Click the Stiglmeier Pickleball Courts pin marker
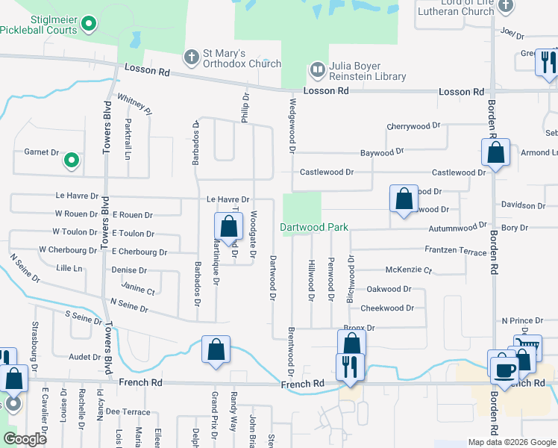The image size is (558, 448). point(89,25)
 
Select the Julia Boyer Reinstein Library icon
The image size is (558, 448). point(317,70)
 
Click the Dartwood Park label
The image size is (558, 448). point(314,227)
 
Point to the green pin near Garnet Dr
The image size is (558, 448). point(72,160)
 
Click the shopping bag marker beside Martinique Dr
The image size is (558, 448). point(228,226)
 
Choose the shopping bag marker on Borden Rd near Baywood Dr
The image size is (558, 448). point(495,153)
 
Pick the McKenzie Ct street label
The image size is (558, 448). point(408,270)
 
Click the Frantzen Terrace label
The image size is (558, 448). point(455,252)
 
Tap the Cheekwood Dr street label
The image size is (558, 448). point(386,308)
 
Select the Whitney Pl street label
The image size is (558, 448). point(135,104)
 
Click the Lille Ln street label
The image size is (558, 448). point(69,267)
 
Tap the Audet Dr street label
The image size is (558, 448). point(84,358)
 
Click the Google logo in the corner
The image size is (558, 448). point(25,440)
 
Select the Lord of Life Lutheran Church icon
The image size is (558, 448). point(507,6)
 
